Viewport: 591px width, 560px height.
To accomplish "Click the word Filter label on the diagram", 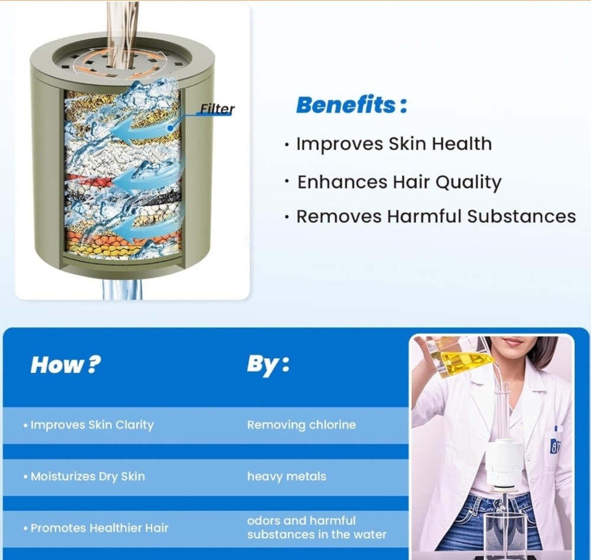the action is tap(217, 109).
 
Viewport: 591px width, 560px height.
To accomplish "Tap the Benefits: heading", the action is tap(352, 105).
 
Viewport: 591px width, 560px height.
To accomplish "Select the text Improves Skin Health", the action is tap(394, 144).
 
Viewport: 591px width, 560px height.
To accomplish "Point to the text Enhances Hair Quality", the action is tap(399, 183).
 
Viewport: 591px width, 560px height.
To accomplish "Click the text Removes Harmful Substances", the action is tap(436, 216).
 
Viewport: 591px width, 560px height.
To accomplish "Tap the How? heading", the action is tap(66, 364).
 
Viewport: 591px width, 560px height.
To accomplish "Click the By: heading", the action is tap(268, 365).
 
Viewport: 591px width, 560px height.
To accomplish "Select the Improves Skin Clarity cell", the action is tap(92, 425).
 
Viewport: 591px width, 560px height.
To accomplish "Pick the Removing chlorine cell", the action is tap(301, 425).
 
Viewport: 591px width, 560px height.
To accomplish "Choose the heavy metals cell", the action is tap(287, 476).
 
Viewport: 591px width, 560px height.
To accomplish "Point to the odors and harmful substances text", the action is tap(317, 528).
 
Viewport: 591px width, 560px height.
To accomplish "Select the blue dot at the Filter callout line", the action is tap(170, 128).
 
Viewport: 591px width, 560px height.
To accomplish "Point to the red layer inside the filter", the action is tap(90, 181).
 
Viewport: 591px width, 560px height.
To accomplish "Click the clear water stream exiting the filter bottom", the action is tap(121, 289).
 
